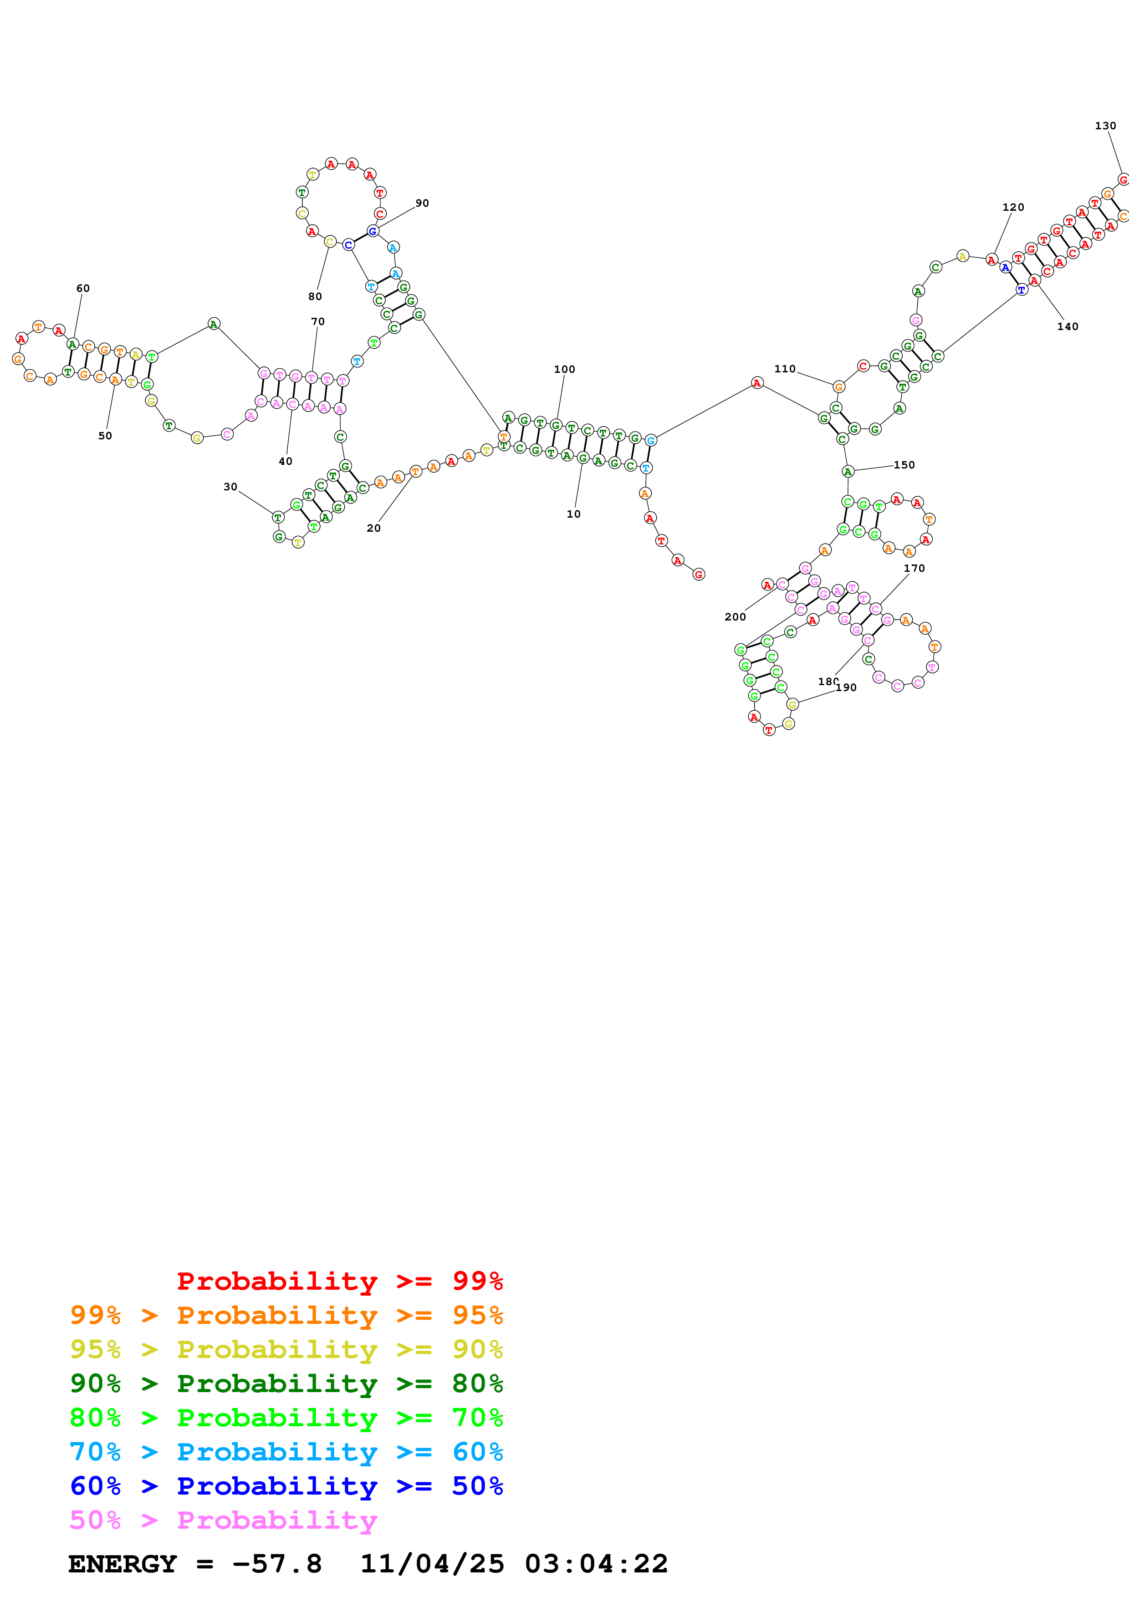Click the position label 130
coord(1105,126)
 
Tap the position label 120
coord(1013,207)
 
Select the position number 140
coord(1067,327)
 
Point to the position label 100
coord(564,369)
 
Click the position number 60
coord(83,288)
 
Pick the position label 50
coord(105,436)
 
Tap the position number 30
coord(230,487)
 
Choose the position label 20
coord(373,529)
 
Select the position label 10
coord(573,514)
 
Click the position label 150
coord(904,465)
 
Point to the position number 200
coord(735,617)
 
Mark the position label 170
coord(914,568)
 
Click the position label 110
coord(785,369)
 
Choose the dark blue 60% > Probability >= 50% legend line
coord(286,1486)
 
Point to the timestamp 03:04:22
coord(596,1564)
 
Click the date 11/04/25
coord(432,1564)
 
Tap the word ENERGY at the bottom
coord(123,1564)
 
